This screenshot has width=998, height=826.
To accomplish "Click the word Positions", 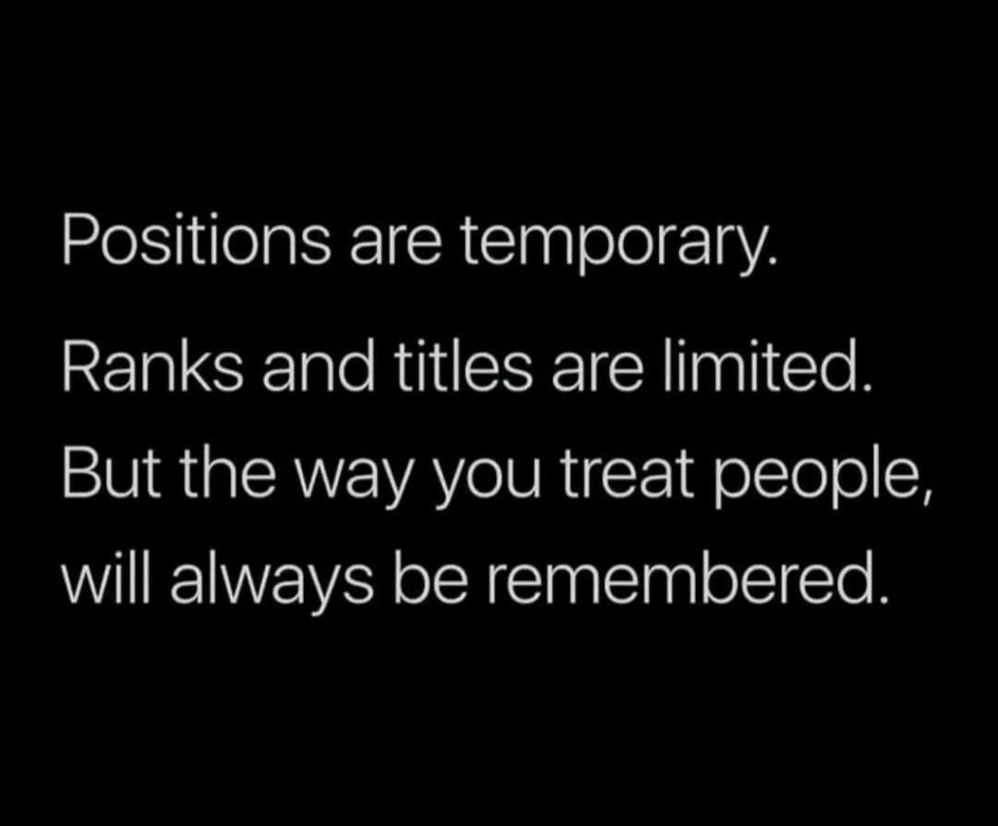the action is tap(196, 243).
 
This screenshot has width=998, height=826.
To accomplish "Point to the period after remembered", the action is tap(881, 598).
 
